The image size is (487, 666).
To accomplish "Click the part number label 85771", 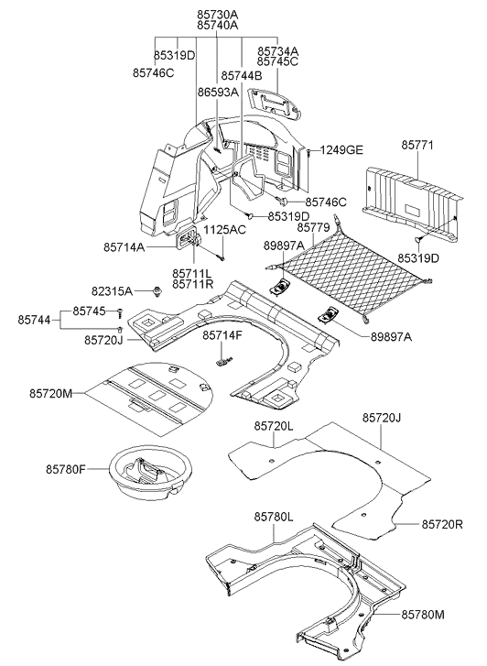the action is click(x=417, y=146).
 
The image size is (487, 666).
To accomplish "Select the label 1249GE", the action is click(x=341, y=150).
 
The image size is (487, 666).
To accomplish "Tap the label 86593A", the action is click(x=218, y=92).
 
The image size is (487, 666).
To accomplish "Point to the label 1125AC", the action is click(x=224, y=230).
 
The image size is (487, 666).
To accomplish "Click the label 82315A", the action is click(x=112, y=291).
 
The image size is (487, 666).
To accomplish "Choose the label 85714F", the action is click(x=222, y=335).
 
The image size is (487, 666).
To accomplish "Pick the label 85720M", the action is click(x=51, y=393).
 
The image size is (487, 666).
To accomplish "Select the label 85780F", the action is click(x=66, y=469).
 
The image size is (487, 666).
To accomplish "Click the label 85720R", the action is click(x=442, y=525).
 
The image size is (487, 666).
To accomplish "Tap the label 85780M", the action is click(x=423, y=615).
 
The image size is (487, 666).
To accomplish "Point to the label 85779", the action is click(x=313, y=228).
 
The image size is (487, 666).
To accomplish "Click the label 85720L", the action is click(x=274, y=426).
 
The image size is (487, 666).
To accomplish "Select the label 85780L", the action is click(x=274, y=517).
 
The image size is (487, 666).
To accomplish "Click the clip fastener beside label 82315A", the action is click(x=158, y=291).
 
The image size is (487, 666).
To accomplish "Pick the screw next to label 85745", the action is click(x=120, y=312).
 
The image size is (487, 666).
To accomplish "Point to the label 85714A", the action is click(x=124, y=246).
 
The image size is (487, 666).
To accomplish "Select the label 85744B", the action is click(x=242, y=76).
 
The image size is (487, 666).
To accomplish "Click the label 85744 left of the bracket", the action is click(x=34, y=320).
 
